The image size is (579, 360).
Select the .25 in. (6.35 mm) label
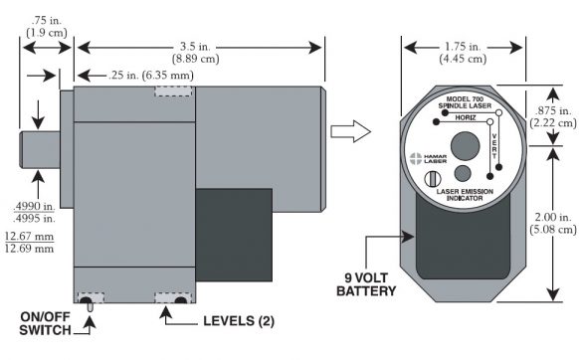click(151, 76)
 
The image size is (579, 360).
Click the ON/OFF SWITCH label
click(45, 323)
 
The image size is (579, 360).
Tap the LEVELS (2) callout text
click(239, 321)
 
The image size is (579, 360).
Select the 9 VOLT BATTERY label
click(366, 284)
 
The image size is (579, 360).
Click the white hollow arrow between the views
click(350, 131)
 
